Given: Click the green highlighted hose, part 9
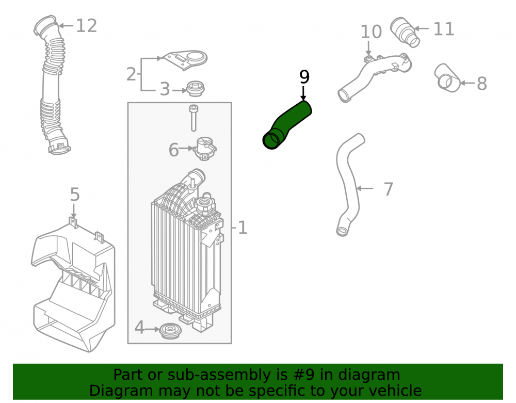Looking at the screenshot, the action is [287, 125].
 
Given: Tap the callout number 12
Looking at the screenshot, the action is [87, 26].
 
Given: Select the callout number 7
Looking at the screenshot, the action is [389, 189].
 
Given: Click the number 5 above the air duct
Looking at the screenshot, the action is [75, 195].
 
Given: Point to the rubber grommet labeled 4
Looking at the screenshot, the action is [170, 331].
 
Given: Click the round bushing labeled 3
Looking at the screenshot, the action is [196, 89].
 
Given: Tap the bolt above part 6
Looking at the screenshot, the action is [194, 118].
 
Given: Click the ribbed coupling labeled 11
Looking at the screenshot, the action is [405, 32].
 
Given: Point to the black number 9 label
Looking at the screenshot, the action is [304, 77].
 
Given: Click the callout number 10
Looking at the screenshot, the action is [371, 32].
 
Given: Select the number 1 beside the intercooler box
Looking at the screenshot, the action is [243, 228].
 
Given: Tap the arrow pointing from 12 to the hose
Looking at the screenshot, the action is [66, 26].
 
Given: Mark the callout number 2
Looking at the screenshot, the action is [131, 74].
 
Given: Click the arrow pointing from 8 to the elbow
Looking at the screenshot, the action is [467, 83].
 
